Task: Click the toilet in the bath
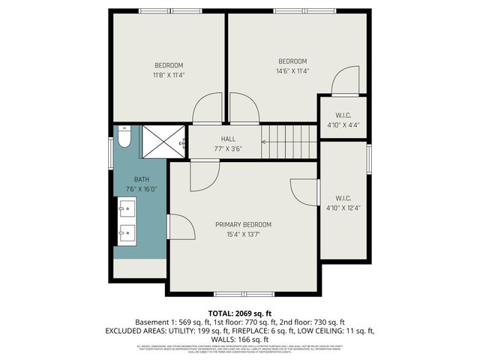coord(125,136)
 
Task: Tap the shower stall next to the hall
coord(163,140)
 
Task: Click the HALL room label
coord(228,139)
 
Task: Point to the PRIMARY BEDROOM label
coord(243,224)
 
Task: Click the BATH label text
coord(142,179)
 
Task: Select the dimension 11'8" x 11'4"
coord(169,75)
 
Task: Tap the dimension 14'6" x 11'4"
coord(292,71)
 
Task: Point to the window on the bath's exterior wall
coord(112,154)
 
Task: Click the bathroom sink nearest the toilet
coord(127,207)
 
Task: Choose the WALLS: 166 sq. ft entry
coord(240,339)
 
